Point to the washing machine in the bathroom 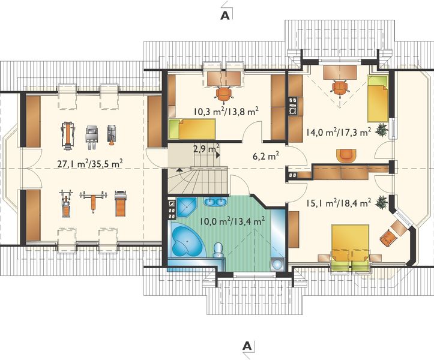277,265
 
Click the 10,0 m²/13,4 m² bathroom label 232,222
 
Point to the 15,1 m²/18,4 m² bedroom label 339,203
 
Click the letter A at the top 225,16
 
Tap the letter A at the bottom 247,346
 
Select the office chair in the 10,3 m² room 224,93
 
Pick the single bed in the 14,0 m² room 378,99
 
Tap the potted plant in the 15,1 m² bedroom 382,201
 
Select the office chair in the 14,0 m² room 340,87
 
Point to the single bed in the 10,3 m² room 192,129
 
